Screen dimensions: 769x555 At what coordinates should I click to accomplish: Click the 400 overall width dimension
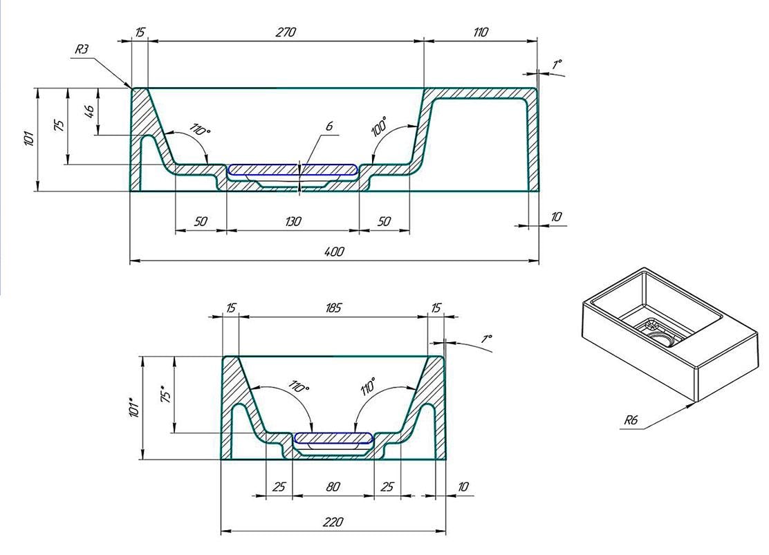pyautogui.click(x=335, y=252)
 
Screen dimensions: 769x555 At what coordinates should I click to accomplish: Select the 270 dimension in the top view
pyautogui.click(x=286, y=32)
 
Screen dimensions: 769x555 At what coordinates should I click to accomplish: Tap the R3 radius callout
pyautogui.click(x=82, y=49)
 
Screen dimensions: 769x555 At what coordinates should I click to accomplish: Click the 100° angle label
pyautogui.click(x=378, y=126)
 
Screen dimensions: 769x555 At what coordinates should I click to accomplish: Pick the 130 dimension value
pyautogui.click(x=293, y=222)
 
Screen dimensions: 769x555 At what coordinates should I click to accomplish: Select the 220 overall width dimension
pyautogui.click(x=333, y=522)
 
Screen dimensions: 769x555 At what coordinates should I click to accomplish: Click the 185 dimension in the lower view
pyautogui.click(x=333, y=308)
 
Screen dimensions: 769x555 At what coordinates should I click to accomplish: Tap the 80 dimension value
pyautogui.click(x=333, y=487)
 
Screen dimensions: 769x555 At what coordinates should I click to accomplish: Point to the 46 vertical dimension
pyautogui.click(x=89, y=111)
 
